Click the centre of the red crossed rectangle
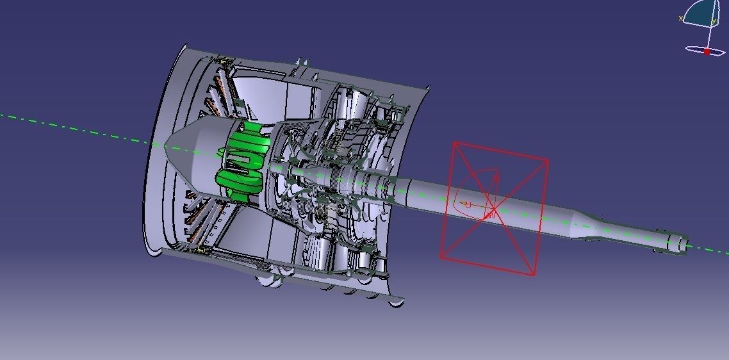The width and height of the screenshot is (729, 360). tap(494, 209)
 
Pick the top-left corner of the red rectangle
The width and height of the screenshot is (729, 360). tap(454, 143)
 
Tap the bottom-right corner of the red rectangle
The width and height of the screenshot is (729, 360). tap(534, 276)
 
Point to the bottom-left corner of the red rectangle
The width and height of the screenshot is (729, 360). tap(441, 258)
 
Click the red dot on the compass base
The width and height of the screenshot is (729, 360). tap(707, 51)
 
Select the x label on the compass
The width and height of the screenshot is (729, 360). tap(680, 19)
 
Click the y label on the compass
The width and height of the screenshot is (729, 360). tap(714, 21)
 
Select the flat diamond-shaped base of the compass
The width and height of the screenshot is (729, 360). tap(705, 49)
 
